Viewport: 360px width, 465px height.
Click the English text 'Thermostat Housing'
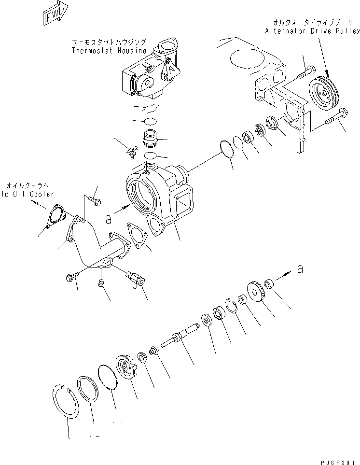109,50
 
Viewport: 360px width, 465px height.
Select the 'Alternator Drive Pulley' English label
312,31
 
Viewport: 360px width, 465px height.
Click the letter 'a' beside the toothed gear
300,269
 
